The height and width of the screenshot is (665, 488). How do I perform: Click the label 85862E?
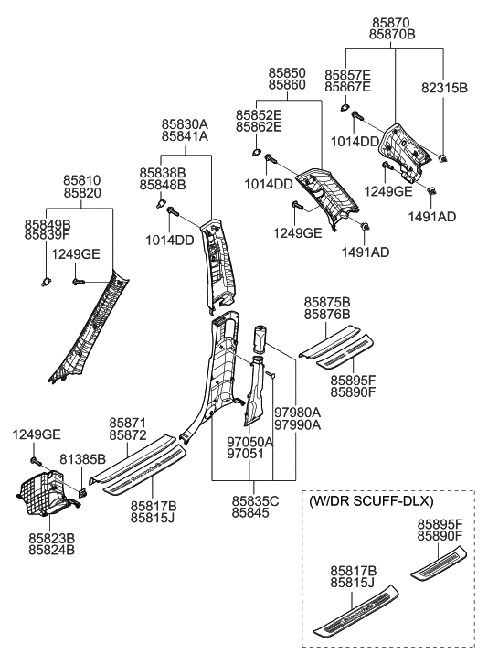[259, 128]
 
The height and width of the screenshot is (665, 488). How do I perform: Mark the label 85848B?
[163, 185]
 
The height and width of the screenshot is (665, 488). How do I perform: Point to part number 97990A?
[295, 425]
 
